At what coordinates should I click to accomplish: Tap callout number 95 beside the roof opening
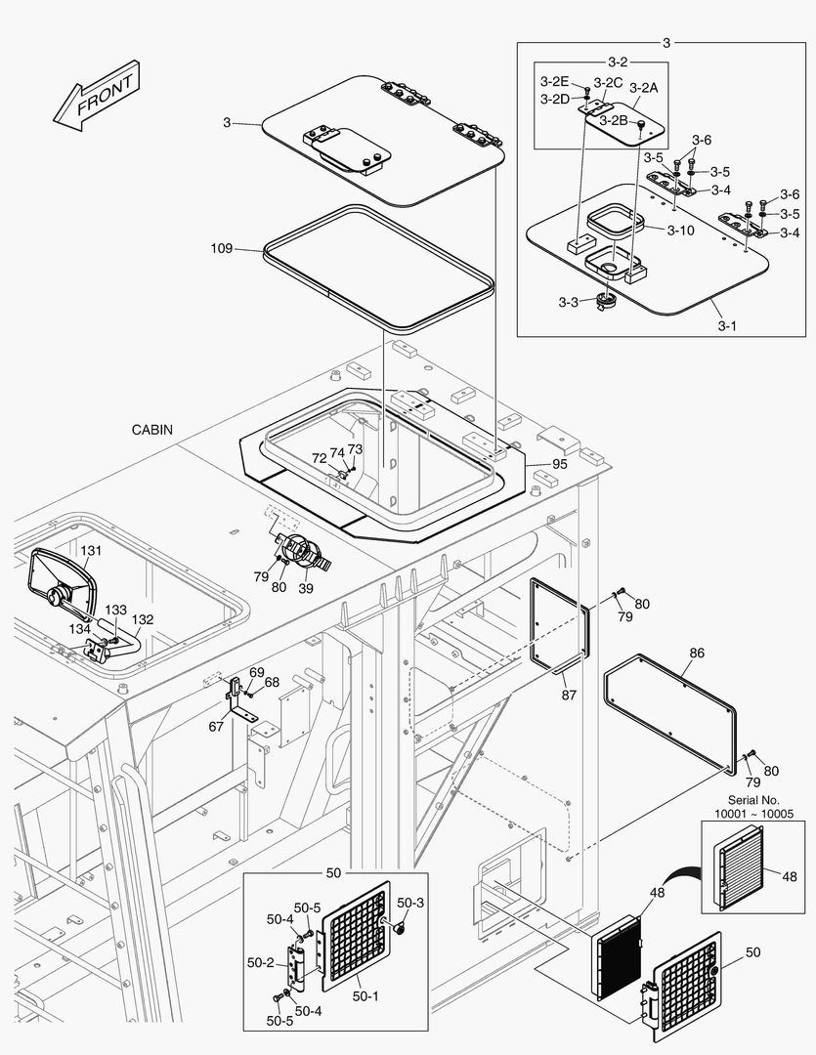(559, 465)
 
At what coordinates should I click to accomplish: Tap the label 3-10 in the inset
(680, 231)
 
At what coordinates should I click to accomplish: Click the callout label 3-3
(569, 303)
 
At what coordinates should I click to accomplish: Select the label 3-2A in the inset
(643, 87)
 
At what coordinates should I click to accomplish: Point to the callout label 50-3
(409, 902)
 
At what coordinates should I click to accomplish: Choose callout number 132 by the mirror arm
(143, 619)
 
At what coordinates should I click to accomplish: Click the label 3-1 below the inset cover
(726, 325)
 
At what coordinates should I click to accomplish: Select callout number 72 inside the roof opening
(319, 457)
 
